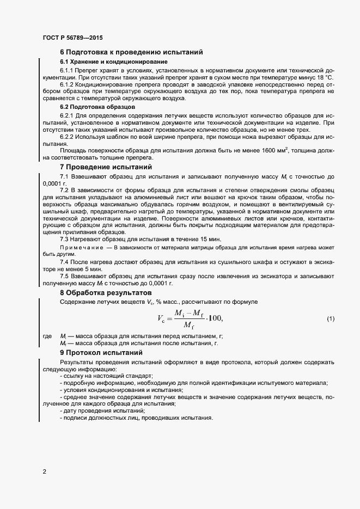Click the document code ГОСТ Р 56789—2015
72,38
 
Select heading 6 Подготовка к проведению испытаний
131,52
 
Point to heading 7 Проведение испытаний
106,167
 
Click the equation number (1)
330,318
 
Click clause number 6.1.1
68,71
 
